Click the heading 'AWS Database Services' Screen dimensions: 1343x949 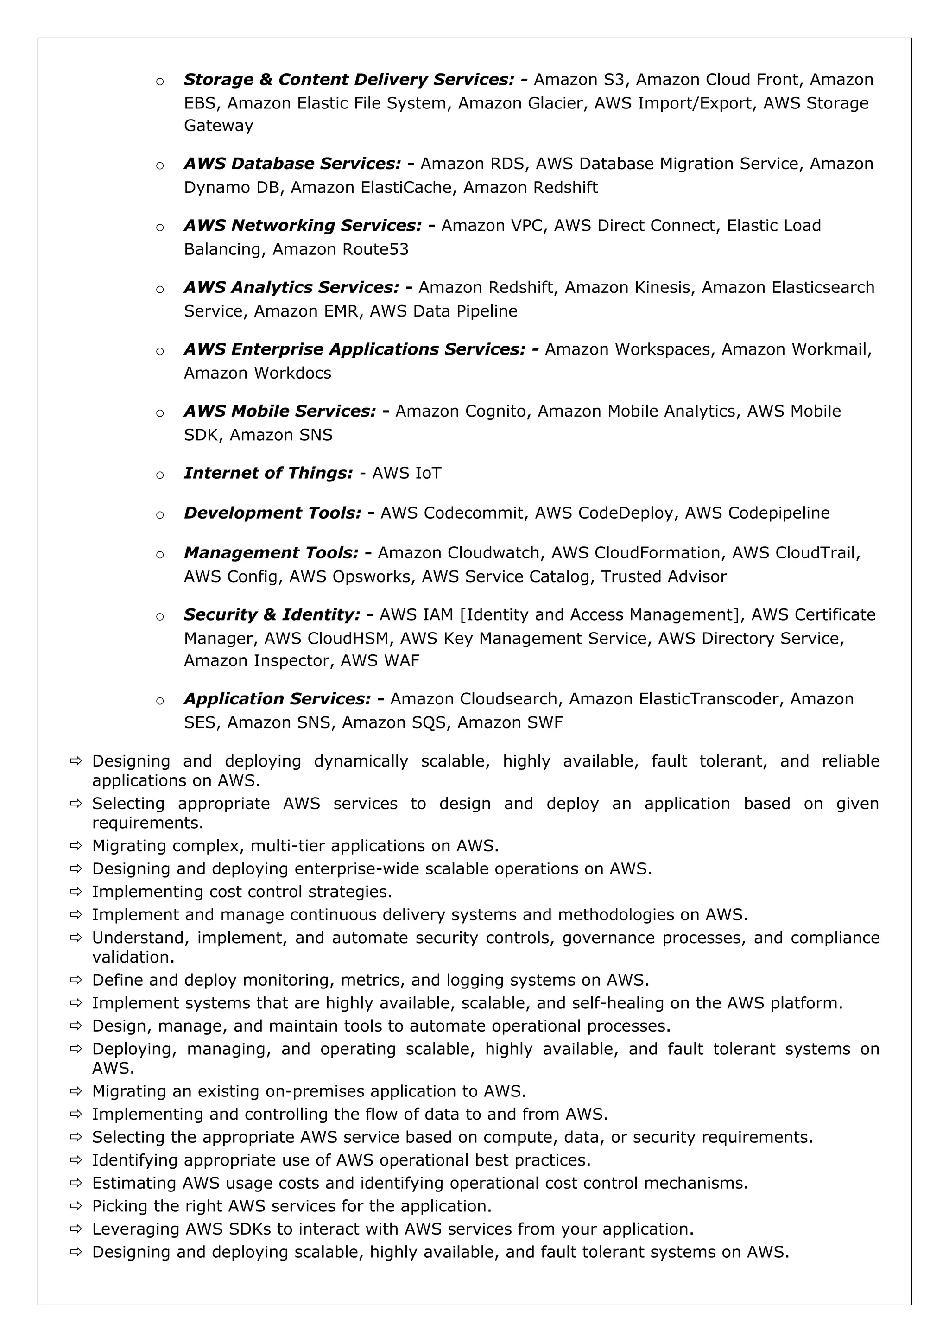[292, 164]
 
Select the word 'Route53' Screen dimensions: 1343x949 [375, 249]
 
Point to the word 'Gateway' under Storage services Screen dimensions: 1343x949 [219, 126]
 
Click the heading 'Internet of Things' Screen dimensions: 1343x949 [268, 473]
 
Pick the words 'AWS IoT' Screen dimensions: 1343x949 [406, 473]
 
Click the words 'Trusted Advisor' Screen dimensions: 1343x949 [664, 577]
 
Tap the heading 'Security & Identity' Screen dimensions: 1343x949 [272, 615]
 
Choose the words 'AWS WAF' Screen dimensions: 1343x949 [380, 661]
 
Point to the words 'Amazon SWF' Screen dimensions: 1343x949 [510, 723]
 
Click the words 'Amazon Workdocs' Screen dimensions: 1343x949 [257, 373]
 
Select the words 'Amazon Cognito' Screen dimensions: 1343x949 [460, 411]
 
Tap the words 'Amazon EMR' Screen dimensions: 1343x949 [305, 311]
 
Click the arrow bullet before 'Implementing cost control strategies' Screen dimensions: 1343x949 [76, 892]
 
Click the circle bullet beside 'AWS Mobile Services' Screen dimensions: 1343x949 [159, 413]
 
